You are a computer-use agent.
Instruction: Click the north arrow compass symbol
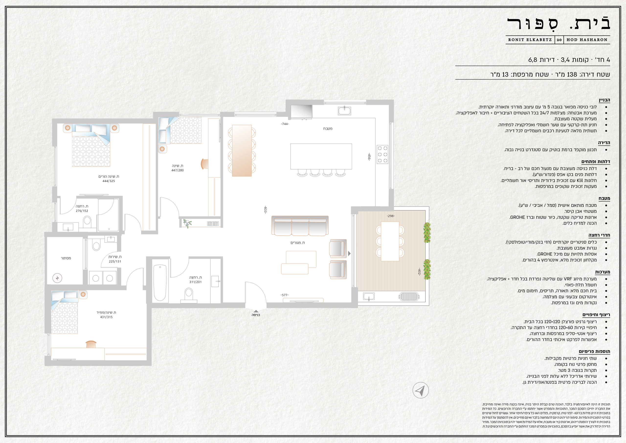tap(420, 390)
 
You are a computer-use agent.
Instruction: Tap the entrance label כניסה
tap(256, 315)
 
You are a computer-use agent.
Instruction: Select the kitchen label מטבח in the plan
tap(328, 128)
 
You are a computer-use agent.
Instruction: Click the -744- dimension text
tap(285, 124)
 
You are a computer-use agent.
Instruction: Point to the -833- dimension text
tap(265, 210)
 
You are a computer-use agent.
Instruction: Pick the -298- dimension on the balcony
tap(391, 216)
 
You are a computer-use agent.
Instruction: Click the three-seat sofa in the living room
tap(300, 225)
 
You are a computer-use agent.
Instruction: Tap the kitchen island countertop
tap(321, 156)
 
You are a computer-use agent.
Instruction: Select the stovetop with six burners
tap(382, 154)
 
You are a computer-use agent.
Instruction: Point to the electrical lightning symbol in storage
tap(57, 278)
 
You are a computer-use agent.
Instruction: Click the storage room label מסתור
tap(66, 258)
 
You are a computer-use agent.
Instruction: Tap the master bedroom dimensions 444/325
tap(109, 181)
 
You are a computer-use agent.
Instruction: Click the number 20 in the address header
tap(559, 40)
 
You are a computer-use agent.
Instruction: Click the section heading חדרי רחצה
tap(599, 235)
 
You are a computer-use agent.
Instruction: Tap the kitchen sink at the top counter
tap(344, 111)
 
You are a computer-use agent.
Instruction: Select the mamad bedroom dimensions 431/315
tap(106, 317)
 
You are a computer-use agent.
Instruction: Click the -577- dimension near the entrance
tap(285, 295)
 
